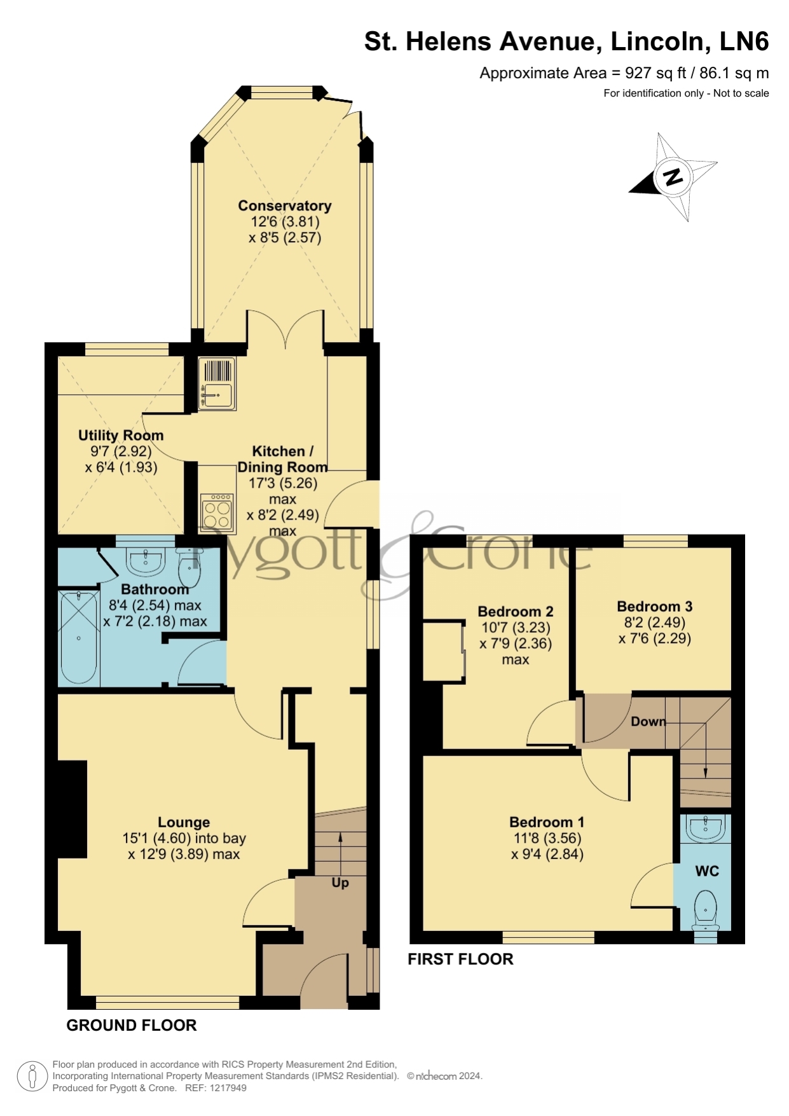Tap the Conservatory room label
point(285,206)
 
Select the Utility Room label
point(121,436)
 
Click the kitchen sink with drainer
point(217,383)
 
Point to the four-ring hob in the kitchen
point(217,512)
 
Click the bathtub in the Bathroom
point(79,638)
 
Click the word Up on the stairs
point(340,883)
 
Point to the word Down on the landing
point(648,722)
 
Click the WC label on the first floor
point(707,871)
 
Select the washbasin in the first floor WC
point(706,828)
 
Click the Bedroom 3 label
point(655,607)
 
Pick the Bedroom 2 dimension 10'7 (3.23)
point(516,628)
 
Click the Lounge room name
point(184,823)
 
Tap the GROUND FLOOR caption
point(132,1025)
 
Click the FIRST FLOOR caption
point(460,959)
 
